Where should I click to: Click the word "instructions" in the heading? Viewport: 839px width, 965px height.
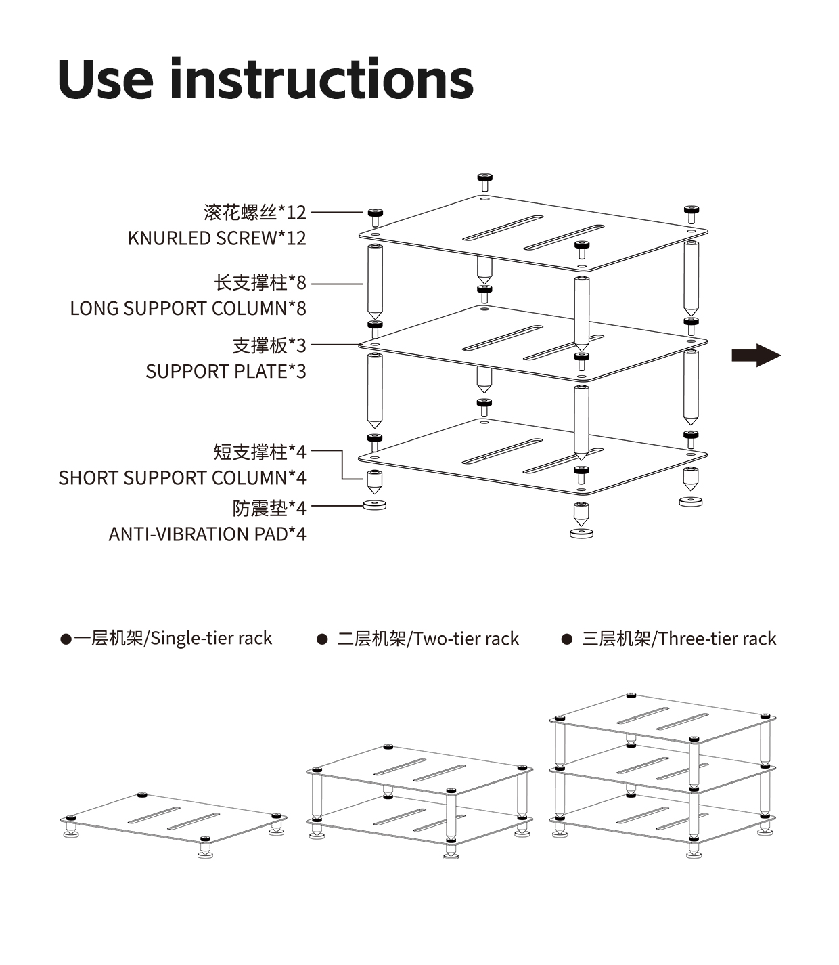pyautogui.click(x=321, y=79)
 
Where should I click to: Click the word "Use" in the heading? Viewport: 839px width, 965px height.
pyautogui.click(x=106, y=79)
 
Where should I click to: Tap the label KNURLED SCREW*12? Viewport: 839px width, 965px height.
pyautogui.click(x=217, y=238)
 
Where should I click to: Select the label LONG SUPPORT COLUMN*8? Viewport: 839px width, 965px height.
pyautogui.click(x=188, y=309)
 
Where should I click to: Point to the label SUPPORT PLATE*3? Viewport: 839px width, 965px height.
pyautogui.click(x=226, y=372)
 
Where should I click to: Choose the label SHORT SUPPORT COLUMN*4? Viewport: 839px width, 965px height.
pyautogui.click(x=182, y=478)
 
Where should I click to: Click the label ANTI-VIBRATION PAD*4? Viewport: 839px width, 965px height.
pyautogui.click(x=207, y=534)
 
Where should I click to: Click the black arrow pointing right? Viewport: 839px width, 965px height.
pyautogui.click(x=756, y=355)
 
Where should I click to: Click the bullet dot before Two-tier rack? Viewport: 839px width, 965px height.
pyautogui.click(x=323, y=639)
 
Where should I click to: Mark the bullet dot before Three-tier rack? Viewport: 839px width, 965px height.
pyautogui.click(x=567, y=639)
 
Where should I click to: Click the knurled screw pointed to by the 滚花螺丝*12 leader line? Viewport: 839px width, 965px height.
pyautogui.click(x=376, y=217)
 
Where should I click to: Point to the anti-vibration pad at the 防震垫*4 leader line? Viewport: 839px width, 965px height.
pyautogui.click(x=374, y=505)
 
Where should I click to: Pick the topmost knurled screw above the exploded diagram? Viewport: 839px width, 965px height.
pyautogui.click(x=484, y=181)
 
